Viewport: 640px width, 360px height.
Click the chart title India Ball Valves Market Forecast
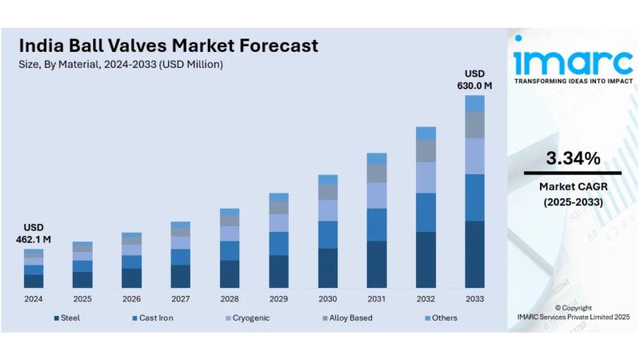(168, 45)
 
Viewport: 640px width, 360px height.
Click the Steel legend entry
(67, 318)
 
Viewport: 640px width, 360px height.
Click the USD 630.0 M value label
(474, 79)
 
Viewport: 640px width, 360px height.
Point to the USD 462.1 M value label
(34, 233)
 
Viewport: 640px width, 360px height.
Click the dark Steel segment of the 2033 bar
(474, 254)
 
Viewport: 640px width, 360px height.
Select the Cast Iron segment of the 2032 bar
(426, 212)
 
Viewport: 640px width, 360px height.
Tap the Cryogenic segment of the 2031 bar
(377, 195)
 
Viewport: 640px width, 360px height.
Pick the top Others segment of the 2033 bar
(474, 103)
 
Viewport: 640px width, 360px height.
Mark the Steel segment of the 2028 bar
(230, 274)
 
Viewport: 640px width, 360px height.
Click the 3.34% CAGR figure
(573, 158)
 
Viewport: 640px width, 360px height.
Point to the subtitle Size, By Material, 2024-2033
(120, 64)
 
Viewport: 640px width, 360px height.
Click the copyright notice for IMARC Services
(573, 313)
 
